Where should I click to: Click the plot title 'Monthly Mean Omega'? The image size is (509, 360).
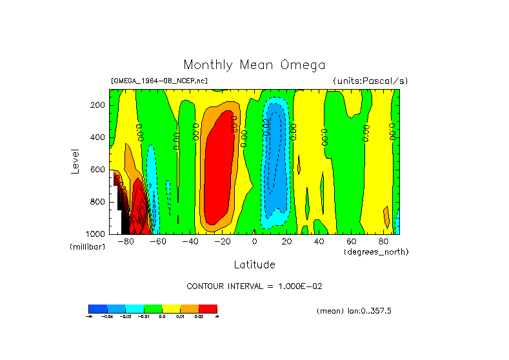[x=254, y=65]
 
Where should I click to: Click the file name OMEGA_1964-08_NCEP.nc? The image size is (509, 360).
[x=159, y=81]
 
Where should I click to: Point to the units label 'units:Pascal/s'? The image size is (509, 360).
[x=370, y=81]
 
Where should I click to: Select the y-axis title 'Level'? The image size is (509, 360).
[x=75, y=161]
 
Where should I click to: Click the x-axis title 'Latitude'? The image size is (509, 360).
[x=254, y=265]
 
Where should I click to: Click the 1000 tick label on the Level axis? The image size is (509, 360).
[x=96, y=234]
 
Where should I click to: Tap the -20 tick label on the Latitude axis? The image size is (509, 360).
[x=221, y=242]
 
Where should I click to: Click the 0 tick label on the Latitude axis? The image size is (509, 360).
[x=255, y=242]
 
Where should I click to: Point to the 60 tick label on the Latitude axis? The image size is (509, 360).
[x=352, y=242]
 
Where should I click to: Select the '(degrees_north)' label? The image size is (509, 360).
[x=376, y=252]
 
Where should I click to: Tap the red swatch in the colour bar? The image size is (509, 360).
[x=208, y=308]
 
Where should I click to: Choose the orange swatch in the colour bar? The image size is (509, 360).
[x=189, y=308]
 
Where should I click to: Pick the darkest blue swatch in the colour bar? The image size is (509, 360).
[x=97, y=308]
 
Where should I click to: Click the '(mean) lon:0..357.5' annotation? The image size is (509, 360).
[x=354, y=311]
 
